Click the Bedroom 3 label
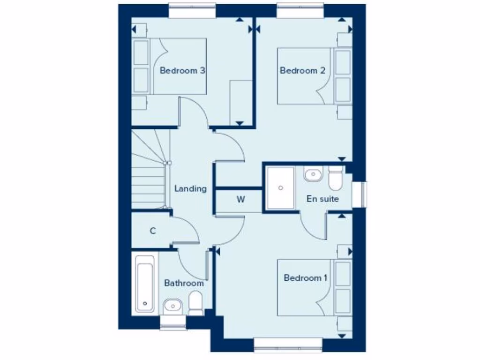click(x=182, y=71)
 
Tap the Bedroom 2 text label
click(x=302, y=71)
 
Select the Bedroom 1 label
click(x=306, y=278)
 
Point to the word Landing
click(x=190, y=189)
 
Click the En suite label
click(x=322, y=199)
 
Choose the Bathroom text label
click(x=184, y=283)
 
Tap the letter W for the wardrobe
click(x=240, y=199)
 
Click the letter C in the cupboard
click(x=153, y=231)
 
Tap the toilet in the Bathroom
click(x=195, y=303)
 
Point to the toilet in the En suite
click(x=336, y=177)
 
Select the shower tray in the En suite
click(x=280, y=187)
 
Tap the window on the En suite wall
click(x=364, y=194)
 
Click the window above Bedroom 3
click(x=192, y=11)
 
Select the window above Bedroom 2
click(x=300, y=11)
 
